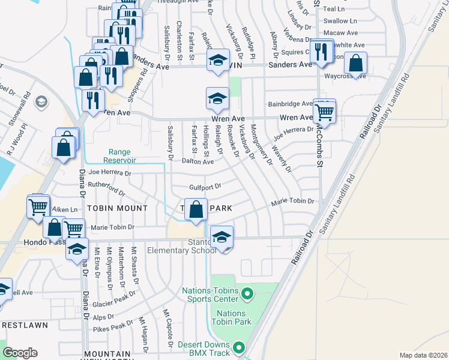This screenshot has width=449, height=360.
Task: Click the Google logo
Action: (x=20, y=353)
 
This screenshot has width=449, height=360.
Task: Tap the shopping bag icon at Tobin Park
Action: (x=196, y=211)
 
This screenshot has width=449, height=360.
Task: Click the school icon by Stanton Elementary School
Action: (x=221, y=238)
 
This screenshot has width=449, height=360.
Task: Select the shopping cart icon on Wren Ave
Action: (x=324, y=112)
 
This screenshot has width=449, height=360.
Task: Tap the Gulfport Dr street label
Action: (x=205, y=187)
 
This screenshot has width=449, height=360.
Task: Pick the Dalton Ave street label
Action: (x=198, y=162)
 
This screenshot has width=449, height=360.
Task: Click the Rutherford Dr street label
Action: (x=107, y=189)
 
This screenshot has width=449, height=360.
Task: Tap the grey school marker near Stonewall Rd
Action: (x=41, y=101)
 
